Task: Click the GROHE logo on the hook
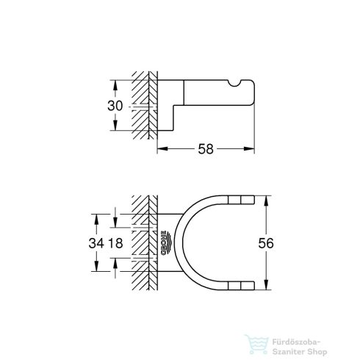coord(168,244)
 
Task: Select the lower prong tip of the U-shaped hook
coord(244,287)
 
